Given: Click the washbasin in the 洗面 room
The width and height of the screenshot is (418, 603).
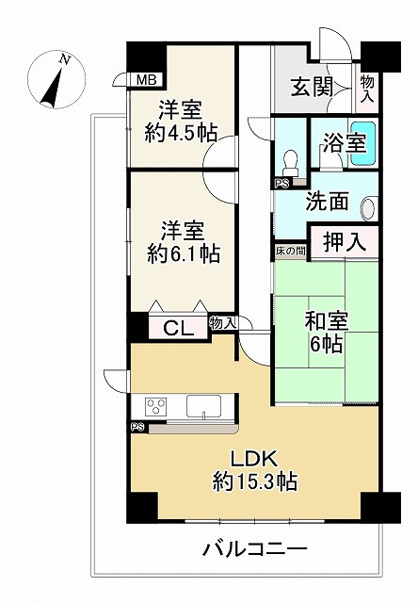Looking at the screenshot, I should tap(369, 205).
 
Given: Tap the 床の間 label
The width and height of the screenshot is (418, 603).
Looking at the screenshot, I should tap(290, 251).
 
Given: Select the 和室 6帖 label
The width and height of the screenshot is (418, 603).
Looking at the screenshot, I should tap(326, 331).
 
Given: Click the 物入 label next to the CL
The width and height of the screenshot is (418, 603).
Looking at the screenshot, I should tap(223, 323).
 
